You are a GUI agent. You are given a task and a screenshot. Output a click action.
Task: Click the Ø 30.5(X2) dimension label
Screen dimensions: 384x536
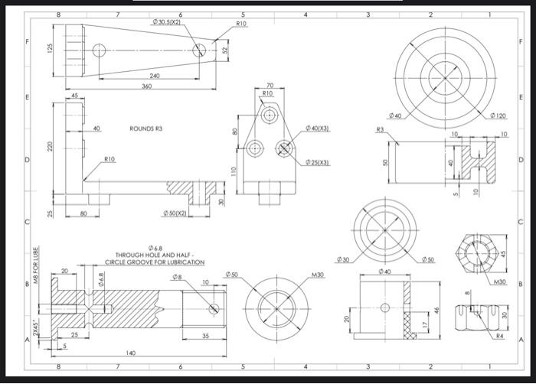(166, 23)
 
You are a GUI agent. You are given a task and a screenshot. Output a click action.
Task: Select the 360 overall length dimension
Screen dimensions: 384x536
(146, 86)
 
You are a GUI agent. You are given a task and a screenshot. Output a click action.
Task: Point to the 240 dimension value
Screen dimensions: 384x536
(155, 76)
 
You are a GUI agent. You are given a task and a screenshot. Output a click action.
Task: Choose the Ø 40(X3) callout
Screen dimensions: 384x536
(317, 129)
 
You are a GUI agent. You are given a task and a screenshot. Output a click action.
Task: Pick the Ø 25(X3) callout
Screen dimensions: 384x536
(317, 162)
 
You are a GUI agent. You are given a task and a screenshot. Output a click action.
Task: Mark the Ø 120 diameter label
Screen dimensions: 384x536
(498, 116)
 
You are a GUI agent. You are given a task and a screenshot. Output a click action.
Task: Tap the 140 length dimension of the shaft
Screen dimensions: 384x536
(132, 353)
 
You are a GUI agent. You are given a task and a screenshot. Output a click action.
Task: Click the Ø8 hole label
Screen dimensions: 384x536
(177, 276)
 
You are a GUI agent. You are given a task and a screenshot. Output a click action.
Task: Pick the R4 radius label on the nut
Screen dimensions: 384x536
(499, 335)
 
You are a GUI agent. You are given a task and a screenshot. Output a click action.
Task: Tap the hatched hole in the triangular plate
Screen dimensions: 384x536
(285, 148)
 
